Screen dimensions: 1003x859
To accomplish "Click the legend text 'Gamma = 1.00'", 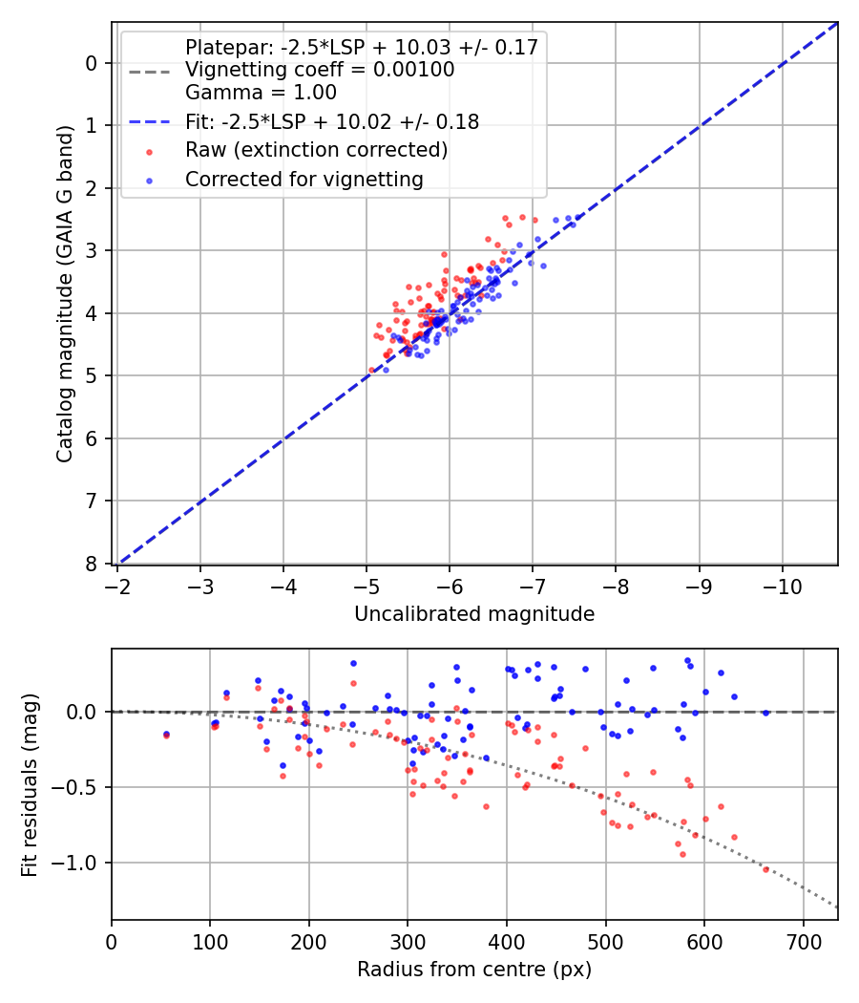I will coord(261,94).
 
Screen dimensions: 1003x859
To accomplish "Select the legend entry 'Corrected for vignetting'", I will coord(304,179).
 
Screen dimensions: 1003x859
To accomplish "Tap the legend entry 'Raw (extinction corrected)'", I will coord(316,150).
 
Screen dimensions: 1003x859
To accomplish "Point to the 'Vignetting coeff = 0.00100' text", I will coord(320,70).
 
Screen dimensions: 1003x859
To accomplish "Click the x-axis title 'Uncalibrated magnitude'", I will coord(474,614).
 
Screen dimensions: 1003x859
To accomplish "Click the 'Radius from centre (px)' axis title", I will coord(474,970).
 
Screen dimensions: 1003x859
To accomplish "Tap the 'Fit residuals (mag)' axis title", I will coord(30,784).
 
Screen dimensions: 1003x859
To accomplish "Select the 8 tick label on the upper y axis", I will coord(93,564).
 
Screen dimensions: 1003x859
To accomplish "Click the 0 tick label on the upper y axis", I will coord(93,63).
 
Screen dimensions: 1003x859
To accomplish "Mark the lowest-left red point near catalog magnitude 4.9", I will coord(372,370).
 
